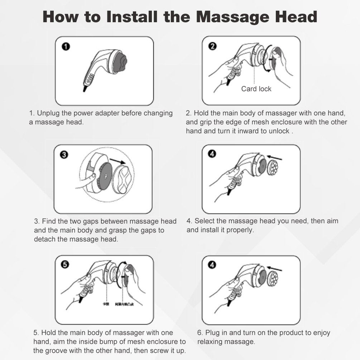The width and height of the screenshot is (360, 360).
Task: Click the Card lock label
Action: pos(256,89)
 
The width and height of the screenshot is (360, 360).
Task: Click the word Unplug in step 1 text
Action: pos(48,113)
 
